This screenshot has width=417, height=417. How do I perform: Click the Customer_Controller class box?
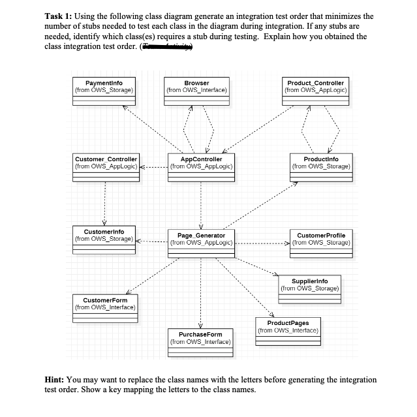106,166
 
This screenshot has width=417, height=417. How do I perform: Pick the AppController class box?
200,166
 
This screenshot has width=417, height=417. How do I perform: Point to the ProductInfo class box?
320,166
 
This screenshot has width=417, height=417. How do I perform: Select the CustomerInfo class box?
104,239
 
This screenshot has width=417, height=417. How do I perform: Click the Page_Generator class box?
200,242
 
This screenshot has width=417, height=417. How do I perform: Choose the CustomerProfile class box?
320,242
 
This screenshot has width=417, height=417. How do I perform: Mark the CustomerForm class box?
105,307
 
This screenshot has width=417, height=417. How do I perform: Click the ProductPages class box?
288,330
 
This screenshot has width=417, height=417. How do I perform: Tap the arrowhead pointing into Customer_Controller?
143,167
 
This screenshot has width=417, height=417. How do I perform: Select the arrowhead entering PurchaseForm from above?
200,325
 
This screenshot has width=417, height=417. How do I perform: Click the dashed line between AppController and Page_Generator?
200,202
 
